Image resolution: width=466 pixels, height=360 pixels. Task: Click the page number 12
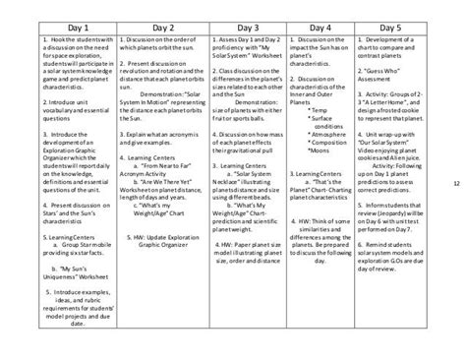click(x=455, y=183)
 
